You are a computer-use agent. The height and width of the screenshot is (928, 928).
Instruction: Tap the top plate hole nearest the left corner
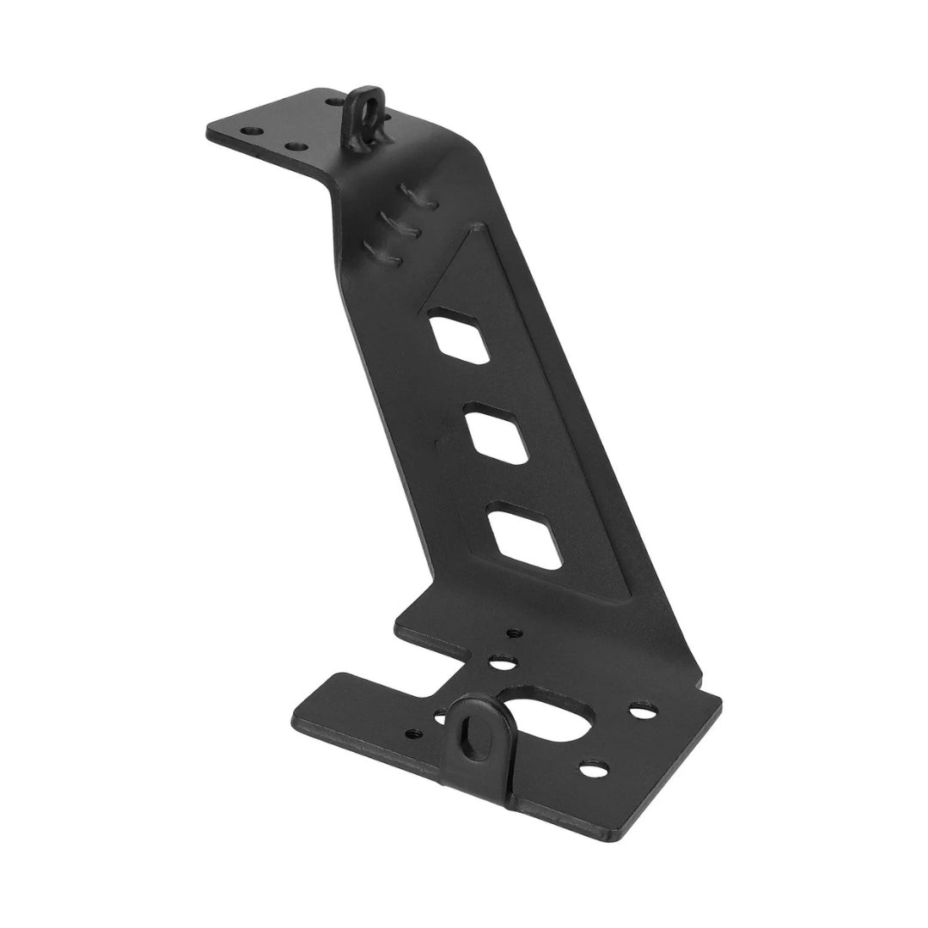(250, 132)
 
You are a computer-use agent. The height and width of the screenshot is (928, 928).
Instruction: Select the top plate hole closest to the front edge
(296, 147)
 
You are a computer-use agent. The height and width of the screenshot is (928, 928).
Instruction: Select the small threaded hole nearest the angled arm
(514, 634)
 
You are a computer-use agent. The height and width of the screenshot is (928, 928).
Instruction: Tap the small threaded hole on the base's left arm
(414, 734)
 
